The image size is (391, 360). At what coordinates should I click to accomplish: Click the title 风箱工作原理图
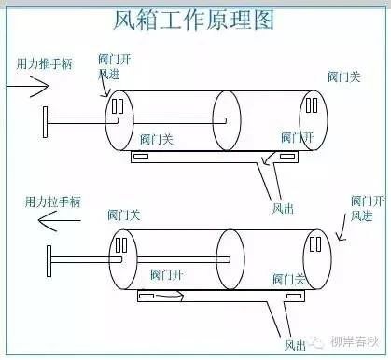click(x=193, y=20)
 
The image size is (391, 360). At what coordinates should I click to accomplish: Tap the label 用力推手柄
click(x=45, y=63)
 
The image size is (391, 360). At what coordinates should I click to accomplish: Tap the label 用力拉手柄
click(x=53, y=201)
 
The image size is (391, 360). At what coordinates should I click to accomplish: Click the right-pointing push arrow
click(x=27, y=86)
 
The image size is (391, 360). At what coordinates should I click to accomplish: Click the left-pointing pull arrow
click(x=59, y=221)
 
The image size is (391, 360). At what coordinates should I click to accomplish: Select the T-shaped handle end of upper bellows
click(x=45, y=122)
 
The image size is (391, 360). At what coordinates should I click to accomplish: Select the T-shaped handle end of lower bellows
click(x=49, y=261)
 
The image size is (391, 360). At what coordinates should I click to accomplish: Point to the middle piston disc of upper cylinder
click(x=227, y=120)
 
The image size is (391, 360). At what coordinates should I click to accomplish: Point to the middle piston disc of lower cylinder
click(x=230, y=259)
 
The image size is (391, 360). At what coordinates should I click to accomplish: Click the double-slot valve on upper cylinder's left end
click(x=118, y=106)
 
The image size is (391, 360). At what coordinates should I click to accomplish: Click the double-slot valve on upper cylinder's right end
click(x=312, y=105)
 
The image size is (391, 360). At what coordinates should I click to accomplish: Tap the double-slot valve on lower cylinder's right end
click(x=315, y=244)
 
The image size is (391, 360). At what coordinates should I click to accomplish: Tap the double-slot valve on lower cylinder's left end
click(x=121, y=245)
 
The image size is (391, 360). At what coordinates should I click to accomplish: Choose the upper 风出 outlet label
click(x=283, y=209)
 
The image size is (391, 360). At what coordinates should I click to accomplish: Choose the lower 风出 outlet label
click(x=295, y=345)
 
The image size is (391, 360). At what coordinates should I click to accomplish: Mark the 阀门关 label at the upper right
click(x=344, y=76)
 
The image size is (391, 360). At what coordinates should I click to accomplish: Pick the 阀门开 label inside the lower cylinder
click(x=166, y=275)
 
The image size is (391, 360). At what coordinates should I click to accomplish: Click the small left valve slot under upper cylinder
click(x=141, y=156)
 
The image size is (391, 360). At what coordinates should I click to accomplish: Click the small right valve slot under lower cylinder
click(x=294, y=296)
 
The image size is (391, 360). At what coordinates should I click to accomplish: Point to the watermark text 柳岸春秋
click(x=355, y=342)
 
